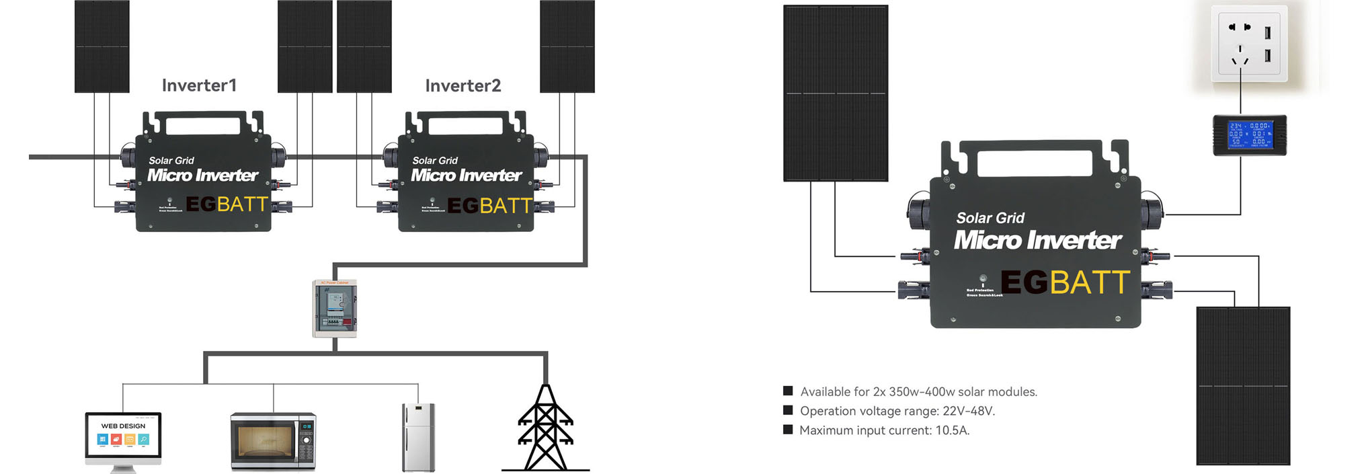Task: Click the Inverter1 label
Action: coord(199,85)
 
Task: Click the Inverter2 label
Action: coord(462,85)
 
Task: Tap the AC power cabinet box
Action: coord(335,309)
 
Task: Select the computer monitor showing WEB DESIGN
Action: coord(123,437)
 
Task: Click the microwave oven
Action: coord(273,441)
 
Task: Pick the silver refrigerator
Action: coord(418,437)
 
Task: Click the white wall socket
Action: coord(1248,44)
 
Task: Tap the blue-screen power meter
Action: coord(1249,134)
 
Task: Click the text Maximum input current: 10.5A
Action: coord(884,430)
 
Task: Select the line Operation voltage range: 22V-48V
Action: coord(897,411)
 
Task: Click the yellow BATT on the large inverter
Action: coord(1089,282)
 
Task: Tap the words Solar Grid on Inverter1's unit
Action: coord(171,161)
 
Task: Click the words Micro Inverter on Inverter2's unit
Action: coord(467,175)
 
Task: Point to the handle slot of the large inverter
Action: coord(1034,163)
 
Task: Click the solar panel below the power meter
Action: coord(1242,385)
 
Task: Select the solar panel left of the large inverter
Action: coord(836,93)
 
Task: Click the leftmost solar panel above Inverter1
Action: coord(102,46)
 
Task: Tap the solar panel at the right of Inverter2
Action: coord(567,46)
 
